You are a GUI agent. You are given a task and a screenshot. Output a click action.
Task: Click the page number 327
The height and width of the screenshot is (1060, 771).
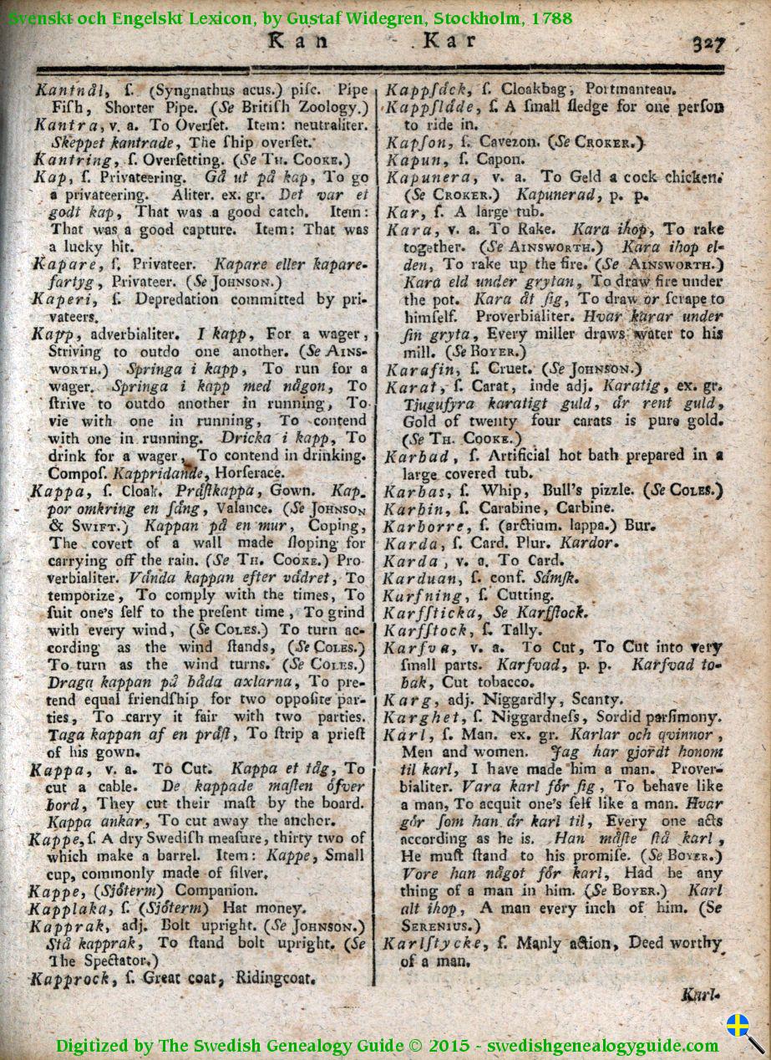pyautogui.click(x=708, y=43)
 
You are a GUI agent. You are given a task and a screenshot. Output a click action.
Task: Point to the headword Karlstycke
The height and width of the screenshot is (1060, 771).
pyautogui.click(x=433, y=944)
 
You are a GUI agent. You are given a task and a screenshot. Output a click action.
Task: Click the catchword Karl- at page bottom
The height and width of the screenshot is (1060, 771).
pyautogui.click(x=700, y=996)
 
